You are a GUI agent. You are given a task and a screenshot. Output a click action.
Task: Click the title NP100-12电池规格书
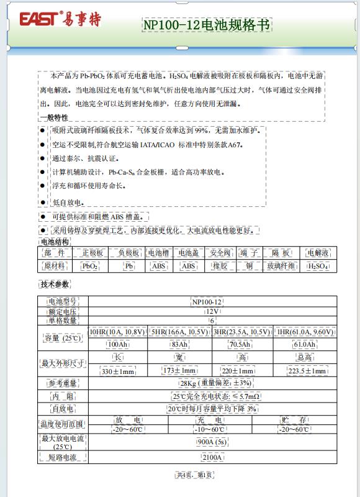click(x=207, y=25)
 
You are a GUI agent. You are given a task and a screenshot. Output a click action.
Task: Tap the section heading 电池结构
click(x=55, y=241)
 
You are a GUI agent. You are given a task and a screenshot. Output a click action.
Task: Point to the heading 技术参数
click(x=55, y=285)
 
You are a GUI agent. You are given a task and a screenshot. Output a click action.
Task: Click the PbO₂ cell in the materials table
click(x=89, y=266)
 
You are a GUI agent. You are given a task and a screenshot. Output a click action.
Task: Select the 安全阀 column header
click(x=220, y=253)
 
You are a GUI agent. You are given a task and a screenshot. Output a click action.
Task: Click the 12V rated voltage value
click(x=213, y=311)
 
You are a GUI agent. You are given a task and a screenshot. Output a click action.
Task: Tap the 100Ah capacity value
click(x=118, y=344)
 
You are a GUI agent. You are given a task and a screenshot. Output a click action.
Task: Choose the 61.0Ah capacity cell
click(x=304, y=344)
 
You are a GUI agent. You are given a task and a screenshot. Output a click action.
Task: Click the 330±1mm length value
click(x=118, y=371)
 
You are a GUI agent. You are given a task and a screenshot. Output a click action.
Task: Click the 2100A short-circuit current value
click(x=213, y=458)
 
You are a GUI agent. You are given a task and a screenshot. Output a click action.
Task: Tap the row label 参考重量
click(x=63, y=383)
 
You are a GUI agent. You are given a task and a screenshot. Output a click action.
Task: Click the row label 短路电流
click(x=63, y=458)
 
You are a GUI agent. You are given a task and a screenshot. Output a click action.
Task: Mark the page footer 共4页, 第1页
click(x=195, y=475)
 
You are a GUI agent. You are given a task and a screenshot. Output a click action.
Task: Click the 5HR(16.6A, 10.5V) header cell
click(x=179, y=332)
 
